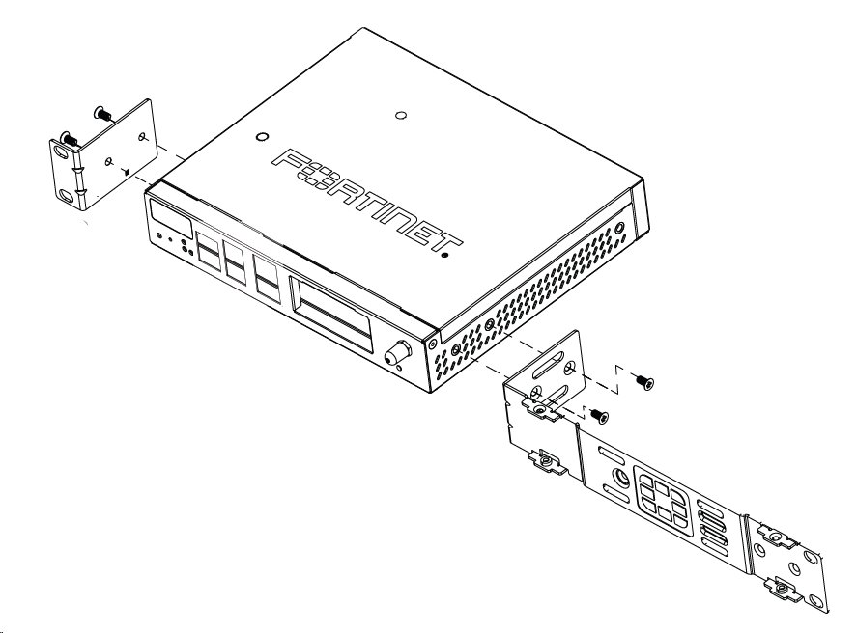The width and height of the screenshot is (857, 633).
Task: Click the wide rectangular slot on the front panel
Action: coord(331,311)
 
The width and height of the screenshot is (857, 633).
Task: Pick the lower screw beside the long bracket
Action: coord(599,416)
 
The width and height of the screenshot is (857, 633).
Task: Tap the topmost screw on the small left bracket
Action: coord(100,115)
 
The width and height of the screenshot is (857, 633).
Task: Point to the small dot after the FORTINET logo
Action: coord(444,257)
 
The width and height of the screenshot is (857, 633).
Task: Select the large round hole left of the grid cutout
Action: coord(615,480)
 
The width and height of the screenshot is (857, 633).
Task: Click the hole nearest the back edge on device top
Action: coord(401,117)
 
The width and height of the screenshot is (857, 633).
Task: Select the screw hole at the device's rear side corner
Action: coord(618,229)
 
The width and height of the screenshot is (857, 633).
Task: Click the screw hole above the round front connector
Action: coord(432,343)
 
